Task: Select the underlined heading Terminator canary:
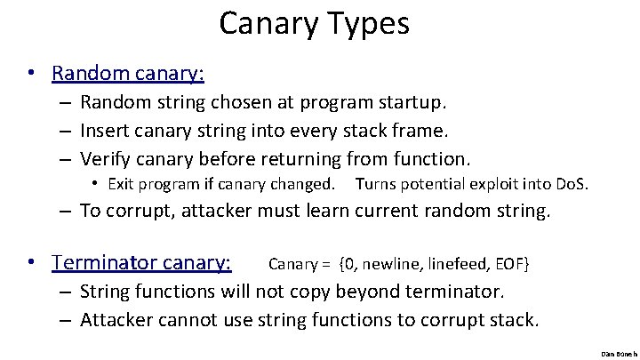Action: (x=141, y=263)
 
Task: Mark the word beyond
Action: (x=383, y=292)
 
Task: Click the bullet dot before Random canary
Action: (x=30, y=72)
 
